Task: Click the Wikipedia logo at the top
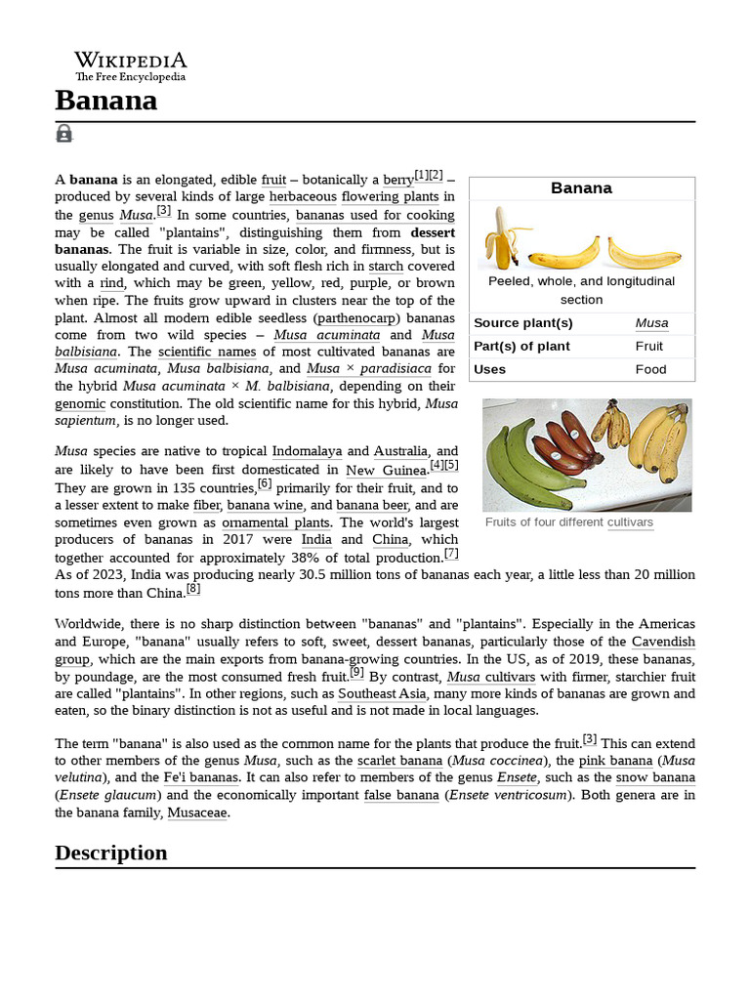(x=130, y=66)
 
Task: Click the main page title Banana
(x=105, y=101)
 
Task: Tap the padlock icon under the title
(x=64, y=134)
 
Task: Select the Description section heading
(x=110, y=853)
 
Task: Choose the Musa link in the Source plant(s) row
(x=651, y=323)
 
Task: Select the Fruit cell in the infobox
(x=648, y=346)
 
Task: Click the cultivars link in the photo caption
(x=630, y=522)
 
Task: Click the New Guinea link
(x=387, y=471)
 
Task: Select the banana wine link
(x=266, y=505)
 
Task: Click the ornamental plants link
(x=275, y=522)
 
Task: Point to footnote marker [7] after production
(x=451, y=554)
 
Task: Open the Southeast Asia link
(x=382, y=693)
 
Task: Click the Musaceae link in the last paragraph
(x=197, y=812)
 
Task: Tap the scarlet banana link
(x=399, y=760)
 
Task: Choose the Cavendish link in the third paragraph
(x=663, y=642)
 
